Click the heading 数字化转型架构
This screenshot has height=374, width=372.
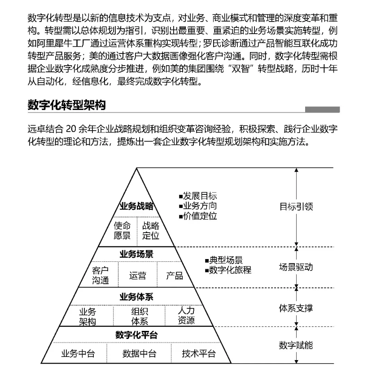(x=66, y=106)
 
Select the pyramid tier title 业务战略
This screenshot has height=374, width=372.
(x=136, y=206)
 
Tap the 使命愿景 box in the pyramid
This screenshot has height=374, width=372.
(x=122, y=230)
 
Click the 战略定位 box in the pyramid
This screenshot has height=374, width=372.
(x=151, y=230)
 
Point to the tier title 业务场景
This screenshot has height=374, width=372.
(x=136, y=254)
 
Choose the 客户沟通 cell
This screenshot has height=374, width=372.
(x=101, y=275)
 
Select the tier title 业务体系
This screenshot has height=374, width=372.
(x=136, y=297)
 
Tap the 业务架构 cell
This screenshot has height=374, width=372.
(x=88, y=316)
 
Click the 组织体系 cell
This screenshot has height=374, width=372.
(x=140, y=316)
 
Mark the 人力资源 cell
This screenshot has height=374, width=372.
(x=186, y=316)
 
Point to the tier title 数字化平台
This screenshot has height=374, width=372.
(x=136, y=335)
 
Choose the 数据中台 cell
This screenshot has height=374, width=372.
(x=139, y=353)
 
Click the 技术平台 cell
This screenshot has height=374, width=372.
(x=198, y=353)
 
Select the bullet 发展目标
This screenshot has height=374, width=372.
(x=198, y=196)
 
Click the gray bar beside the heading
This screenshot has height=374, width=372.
(x=322, y=109)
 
